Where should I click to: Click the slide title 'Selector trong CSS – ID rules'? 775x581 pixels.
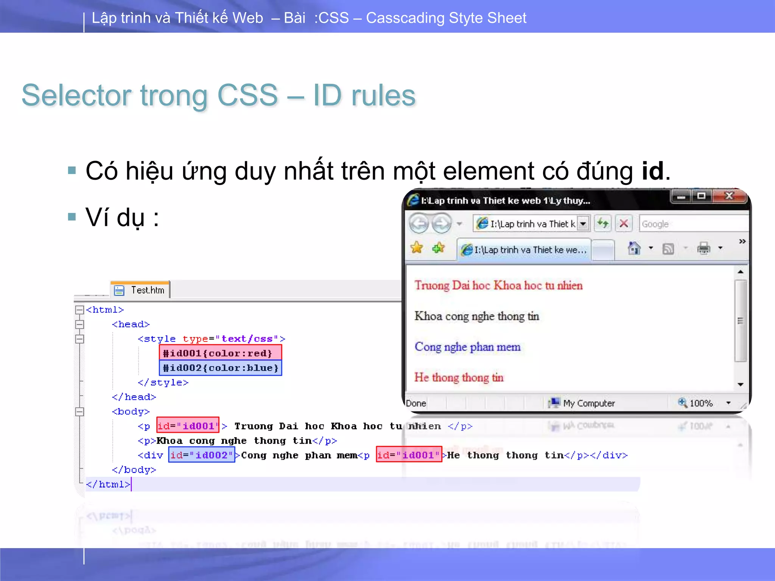point(218,95)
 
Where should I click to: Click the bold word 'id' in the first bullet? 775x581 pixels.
point(652,171)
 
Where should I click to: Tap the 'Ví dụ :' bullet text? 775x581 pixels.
point(122,217)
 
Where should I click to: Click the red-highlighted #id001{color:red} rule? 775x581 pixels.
point(220,353)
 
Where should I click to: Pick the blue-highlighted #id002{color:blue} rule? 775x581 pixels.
point(220,368)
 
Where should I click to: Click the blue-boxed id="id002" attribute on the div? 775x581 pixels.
point(201,455)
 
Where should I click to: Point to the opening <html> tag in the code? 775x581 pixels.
point(105,310)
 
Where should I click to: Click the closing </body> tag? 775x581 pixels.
point(134,470)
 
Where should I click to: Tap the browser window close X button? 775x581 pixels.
point(729,196)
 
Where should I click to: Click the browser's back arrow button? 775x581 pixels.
point(419,224)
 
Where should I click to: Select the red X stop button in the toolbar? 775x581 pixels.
point(624,224)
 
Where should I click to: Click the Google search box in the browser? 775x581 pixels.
point(693,224)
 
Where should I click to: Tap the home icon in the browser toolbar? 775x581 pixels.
point(634,249)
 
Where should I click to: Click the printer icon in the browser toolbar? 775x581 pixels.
point(703,249)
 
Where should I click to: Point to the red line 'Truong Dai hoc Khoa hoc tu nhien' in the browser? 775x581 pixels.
point(498,285)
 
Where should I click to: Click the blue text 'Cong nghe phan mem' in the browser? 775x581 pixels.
point(467,347)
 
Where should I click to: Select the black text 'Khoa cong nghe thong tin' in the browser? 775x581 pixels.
point(476,316)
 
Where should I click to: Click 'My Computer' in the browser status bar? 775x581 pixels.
point(588,403)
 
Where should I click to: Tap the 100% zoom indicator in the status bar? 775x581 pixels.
point(700,403)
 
